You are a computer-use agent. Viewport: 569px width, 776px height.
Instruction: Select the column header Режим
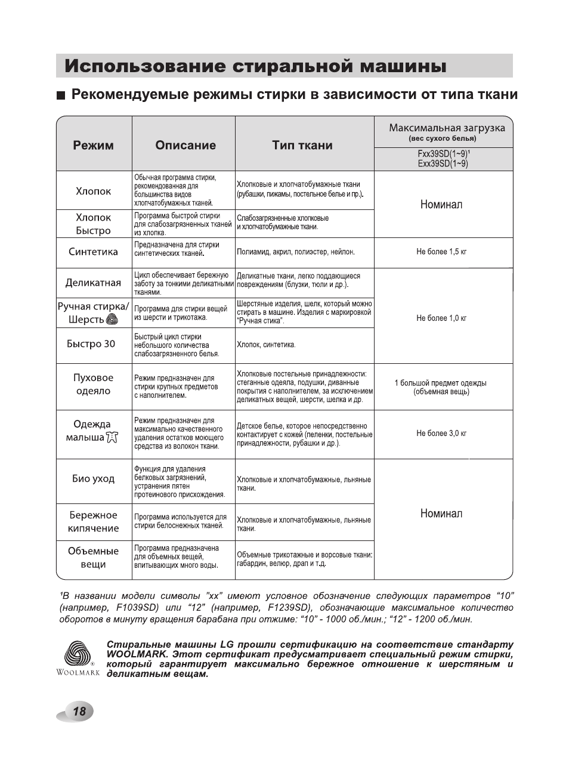click(x=94, y=145)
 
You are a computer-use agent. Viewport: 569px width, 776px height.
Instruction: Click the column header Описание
click(x=185, y=145)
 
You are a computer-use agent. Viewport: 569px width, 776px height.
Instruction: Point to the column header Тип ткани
click(x=302, y=145)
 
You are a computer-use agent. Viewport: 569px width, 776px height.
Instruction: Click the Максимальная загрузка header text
click(x=447, y=128)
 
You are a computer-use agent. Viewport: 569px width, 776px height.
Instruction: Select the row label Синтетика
click(x=94, y=252)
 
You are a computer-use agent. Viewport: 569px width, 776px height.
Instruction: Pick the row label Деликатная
click(x=93, y=283)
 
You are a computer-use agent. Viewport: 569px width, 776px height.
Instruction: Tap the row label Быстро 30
click(x=91, y=344)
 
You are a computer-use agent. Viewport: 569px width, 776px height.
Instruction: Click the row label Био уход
click(x=93, y=478)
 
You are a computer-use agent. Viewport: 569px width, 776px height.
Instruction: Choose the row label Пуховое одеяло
click(x=93, y=384)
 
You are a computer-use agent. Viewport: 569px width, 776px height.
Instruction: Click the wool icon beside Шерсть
click(x=112, y=320)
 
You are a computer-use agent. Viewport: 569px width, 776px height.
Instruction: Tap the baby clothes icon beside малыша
click(x=112, y=438)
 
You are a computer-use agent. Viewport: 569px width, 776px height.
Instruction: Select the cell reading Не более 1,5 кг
click(x=441, y=252)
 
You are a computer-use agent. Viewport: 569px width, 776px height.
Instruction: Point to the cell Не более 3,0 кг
click(x=441, y=434)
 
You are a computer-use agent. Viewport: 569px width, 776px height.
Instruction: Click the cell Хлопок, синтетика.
click(x=266, y=345)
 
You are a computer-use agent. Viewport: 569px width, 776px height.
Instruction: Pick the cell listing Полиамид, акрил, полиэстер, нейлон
click(x=296, y=252)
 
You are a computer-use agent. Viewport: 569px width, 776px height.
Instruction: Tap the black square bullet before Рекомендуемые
click(x=60, y=95)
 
